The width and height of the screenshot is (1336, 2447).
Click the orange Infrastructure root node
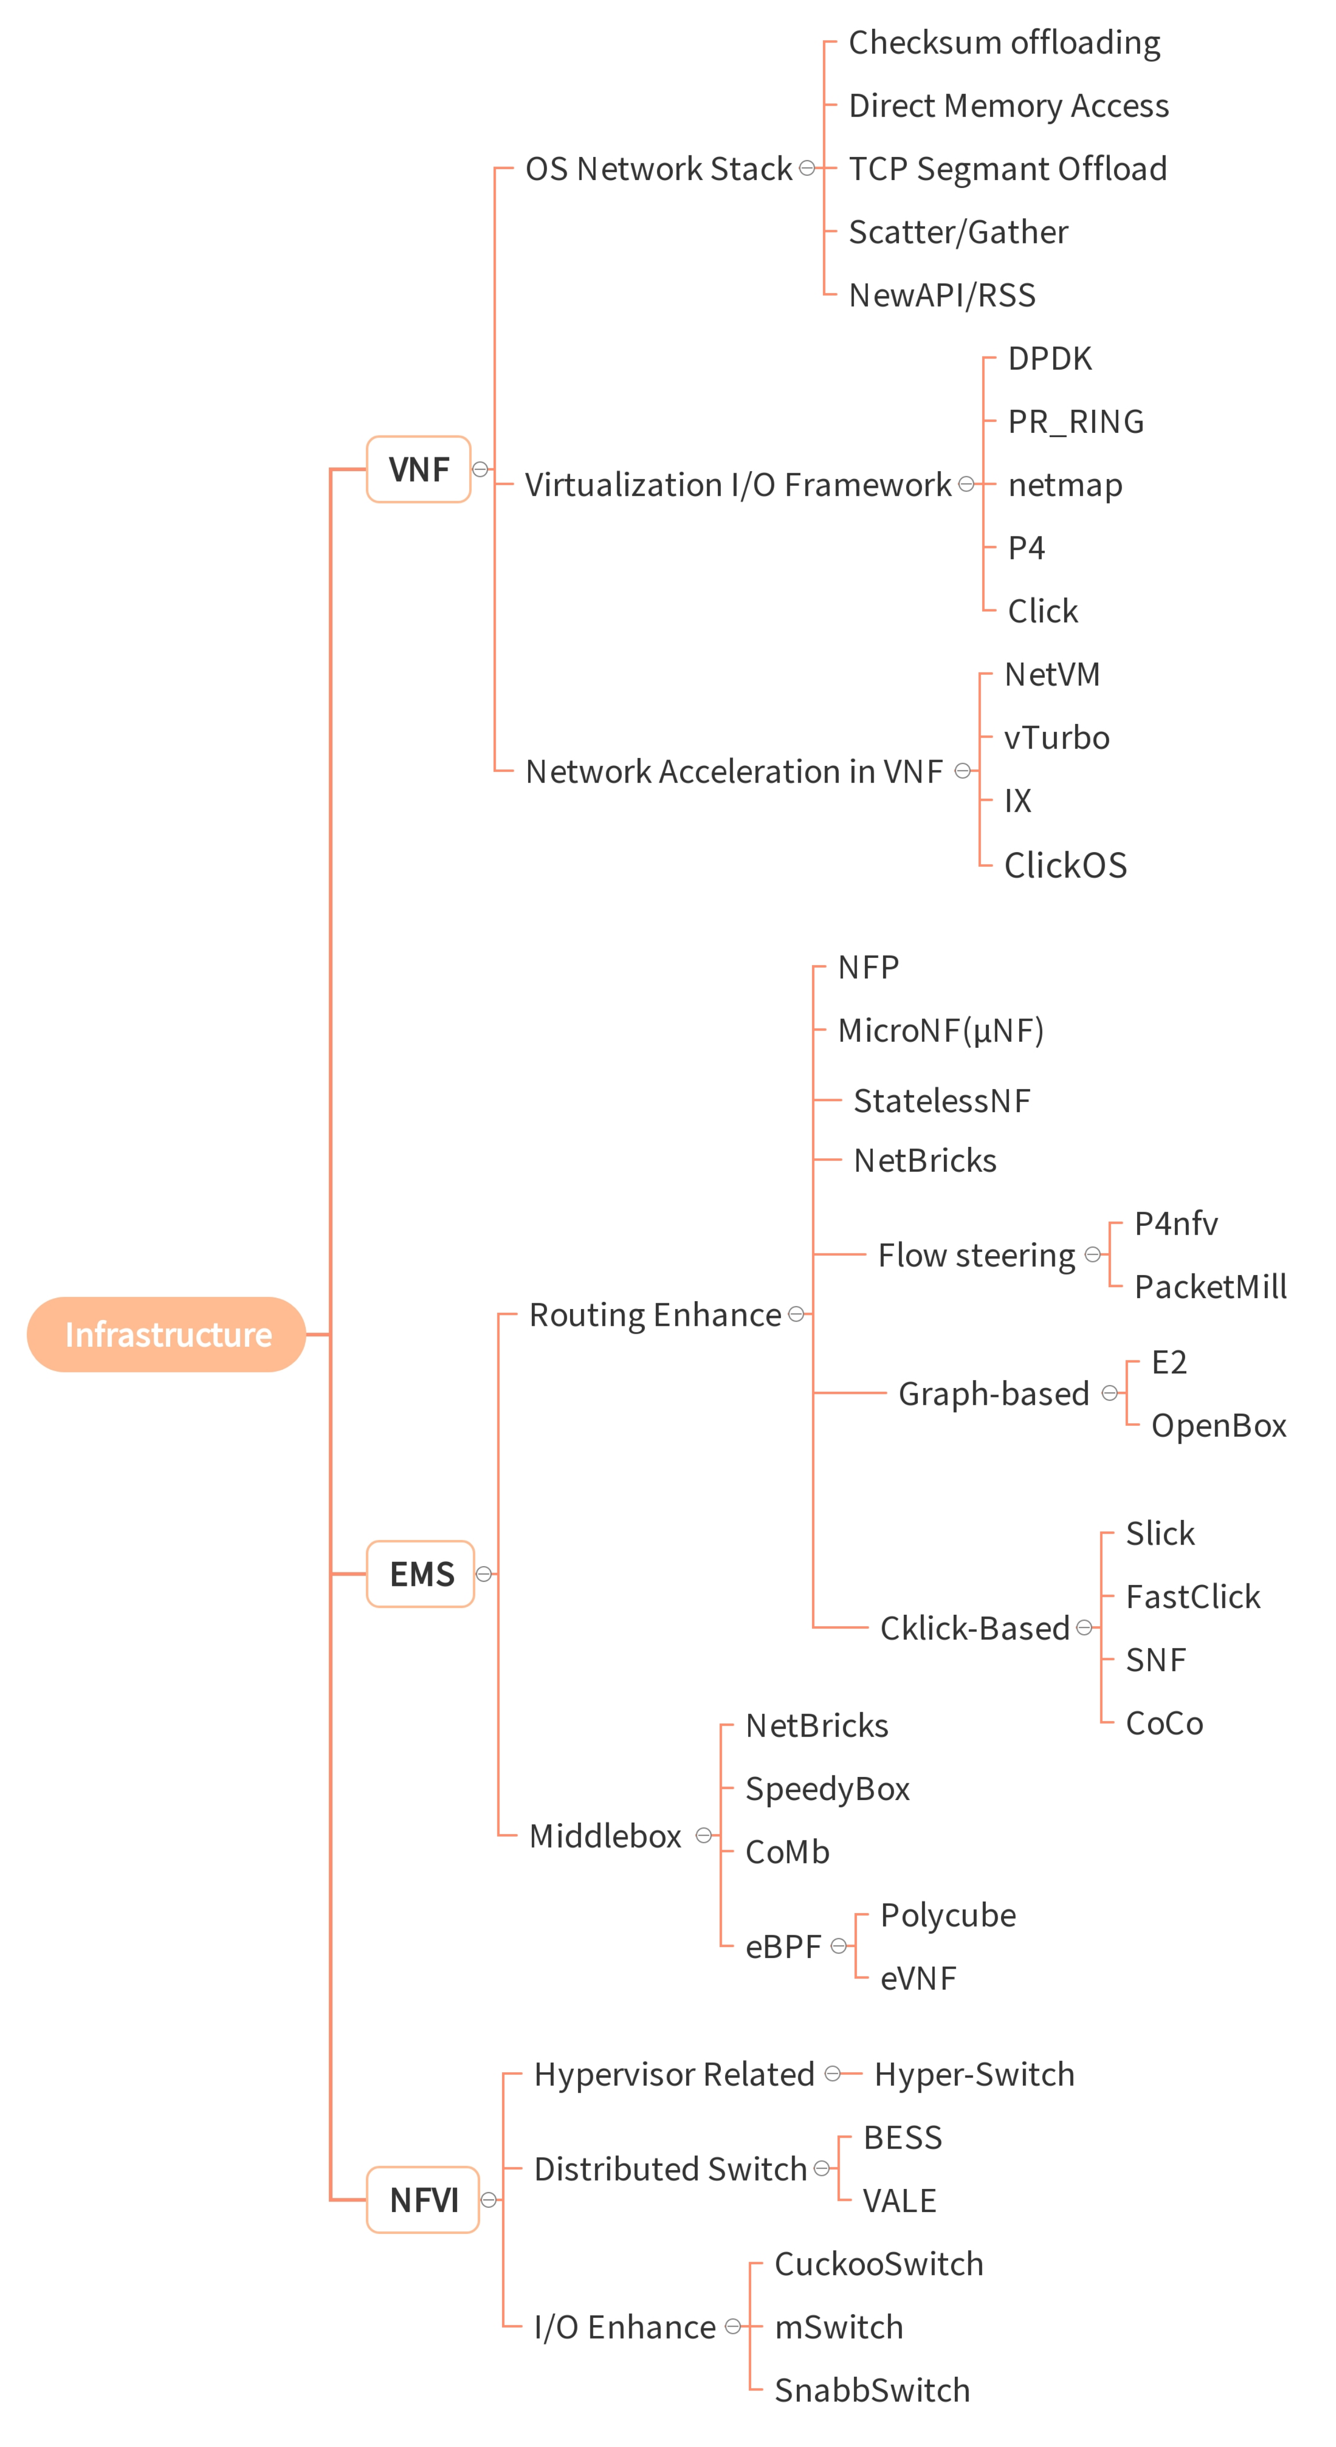[166, 1335]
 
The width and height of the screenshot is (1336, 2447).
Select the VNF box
[419, 470]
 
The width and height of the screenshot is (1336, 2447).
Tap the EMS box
[421, 1574]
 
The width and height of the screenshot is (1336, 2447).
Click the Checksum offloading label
[1004, 43]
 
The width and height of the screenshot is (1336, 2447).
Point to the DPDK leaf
[1049, 359]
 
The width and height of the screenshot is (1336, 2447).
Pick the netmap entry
[1064, 485]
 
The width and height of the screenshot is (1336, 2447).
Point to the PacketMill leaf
[1210, 1287]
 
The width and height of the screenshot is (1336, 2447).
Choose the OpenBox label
[1218, 1426]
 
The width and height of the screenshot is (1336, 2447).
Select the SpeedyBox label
[827, 1789]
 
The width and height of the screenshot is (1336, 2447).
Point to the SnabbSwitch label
[871, 2390]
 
